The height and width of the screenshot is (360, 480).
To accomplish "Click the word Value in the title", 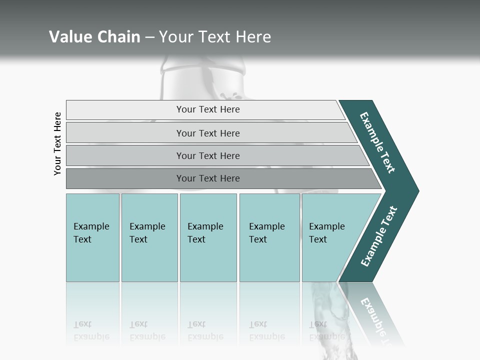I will tap(69, 37).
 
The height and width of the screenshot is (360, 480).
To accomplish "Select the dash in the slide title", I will tap(149, 37).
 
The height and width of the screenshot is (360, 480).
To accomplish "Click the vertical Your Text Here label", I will tap(57, 143).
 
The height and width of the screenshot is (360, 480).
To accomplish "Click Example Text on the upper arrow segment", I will tap(378, 142).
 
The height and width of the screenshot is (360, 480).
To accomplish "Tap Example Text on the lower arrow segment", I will tap(379, 236).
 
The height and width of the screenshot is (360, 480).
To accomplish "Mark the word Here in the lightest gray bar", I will tap(229, 109).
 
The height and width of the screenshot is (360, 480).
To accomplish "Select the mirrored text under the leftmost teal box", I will tap(91, 330).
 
